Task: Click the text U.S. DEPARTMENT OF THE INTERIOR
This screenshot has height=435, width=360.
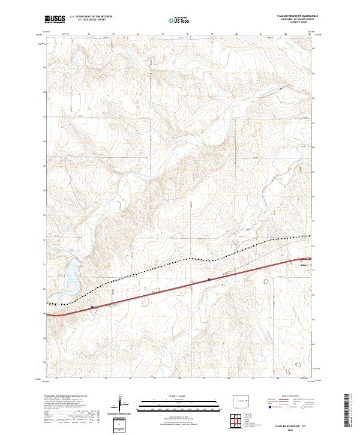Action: [91, 17]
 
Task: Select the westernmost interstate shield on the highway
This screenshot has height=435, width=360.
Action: [92, 307]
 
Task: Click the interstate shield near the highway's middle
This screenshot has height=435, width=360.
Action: [209, 279]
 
